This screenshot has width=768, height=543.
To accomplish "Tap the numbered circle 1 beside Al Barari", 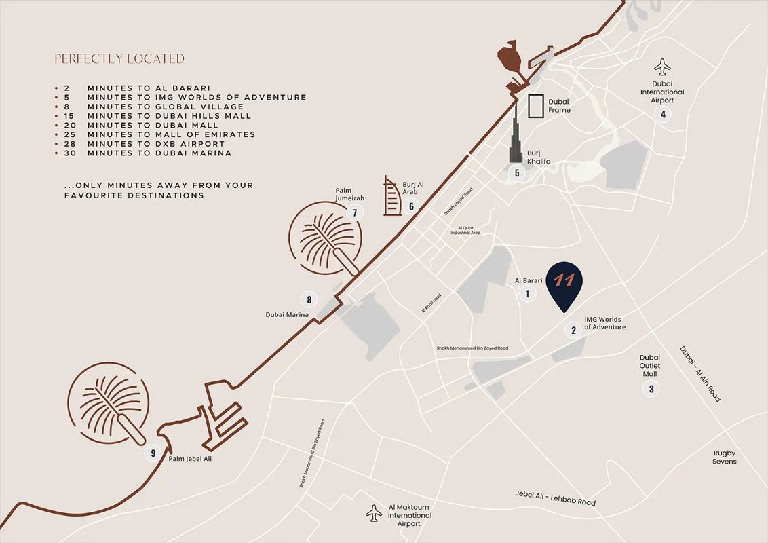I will pyautogui.click(x=526, y=294).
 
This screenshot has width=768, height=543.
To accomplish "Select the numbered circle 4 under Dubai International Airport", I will pyautogui.click(x=663, y=114).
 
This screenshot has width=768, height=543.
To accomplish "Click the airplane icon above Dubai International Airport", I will pyautogui.click(x=662, y=67).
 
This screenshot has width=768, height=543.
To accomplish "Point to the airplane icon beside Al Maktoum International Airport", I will pyautogui.click(x=374, y=512).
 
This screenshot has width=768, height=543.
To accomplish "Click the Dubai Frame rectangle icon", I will pyautogui.click(x=536, y=107).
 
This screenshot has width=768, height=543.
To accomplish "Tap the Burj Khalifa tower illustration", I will pyautogui.click(x=516, y=139).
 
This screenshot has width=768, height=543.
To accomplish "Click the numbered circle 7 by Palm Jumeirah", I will pyautogui.click(x=354, y=213).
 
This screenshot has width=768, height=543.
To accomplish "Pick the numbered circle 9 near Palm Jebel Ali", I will pyautogui.click(x=153, y=453).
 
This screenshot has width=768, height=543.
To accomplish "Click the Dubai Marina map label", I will pyautogui.click(x=287, y=315).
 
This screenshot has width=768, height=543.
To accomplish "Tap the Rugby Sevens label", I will pyautogui.click(x=724, y=457).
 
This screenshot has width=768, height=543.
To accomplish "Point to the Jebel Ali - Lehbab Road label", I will pyautogui.click(x=555, y=498).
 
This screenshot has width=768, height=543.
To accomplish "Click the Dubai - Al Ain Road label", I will pyautogui.click(x=700, y=374).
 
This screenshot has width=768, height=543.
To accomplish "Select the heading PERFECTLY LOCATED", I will pyautogui.click(x=119, y=59).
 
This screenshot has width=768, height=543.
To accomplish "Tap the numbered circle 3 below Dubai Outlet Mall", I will pyautogui.click(x=651, y=389).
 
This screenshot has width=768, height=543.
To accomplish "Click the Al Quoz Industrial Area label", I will pyautogui.click(x=465, y=230).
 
